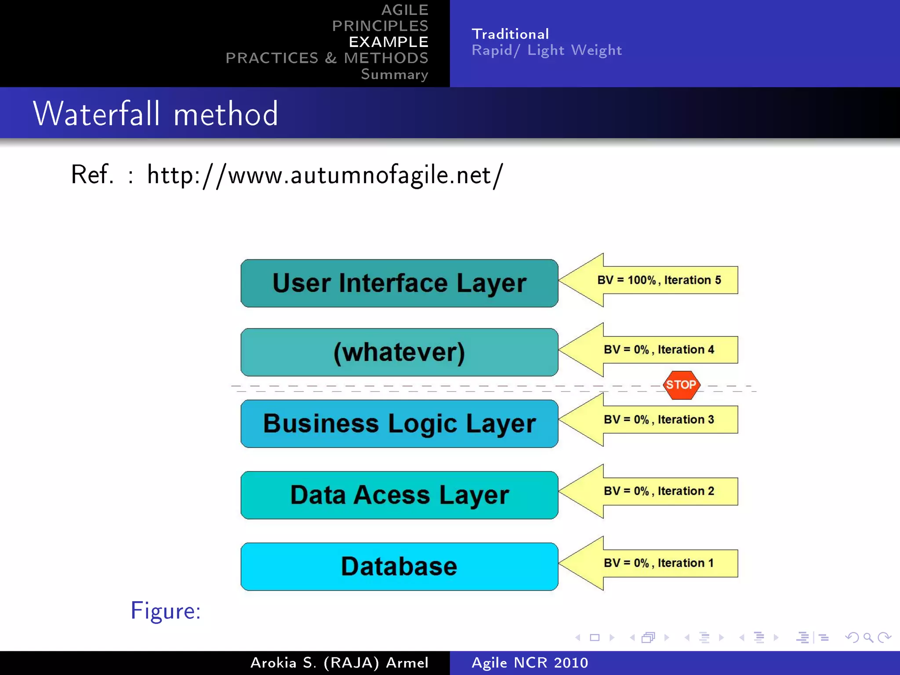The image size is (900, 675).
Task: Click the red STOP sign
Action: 681,385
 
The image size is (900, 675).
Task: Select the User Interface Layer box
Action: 399,283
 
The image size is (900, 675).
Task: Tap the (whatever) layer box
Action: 399,352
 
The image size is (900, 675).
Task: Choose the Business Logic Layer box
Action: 399,424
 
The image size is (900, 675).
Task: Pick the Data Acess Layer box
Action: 399,495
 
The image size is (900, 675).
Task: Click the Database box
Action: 399,566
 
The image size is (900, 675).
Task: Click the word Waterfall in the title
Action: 97,114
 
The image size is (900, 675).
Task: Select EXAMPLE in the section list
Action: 388,42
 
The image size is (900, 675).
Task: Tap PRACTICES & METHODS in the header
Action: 327,58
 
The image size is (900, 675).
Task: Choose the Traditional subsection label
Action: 510,34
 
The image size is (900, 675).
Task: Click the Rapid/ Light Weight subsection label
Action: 547,51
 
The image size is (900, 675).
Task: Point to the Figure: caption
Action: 166,611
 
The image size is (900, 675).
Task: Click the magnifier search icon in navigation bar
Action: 868,638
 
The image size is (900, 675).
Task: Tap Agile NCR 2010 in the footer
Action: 530,663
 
